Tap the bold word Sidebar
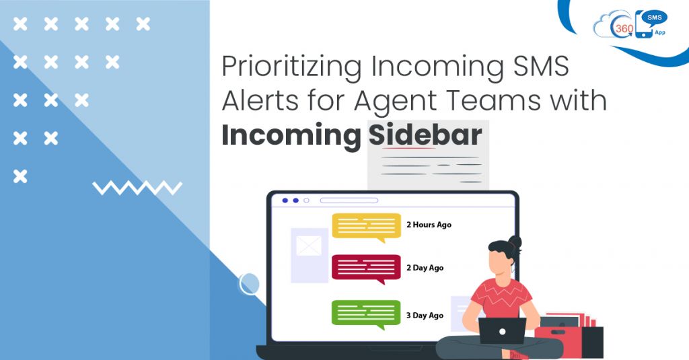[x=425, y=135]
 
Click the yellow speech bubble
[x=366, y=226]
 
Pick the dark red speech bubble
[x=366, y=268]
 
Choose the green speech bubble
[x=366, y=314]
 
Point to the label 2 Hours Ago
[x=429, y=225]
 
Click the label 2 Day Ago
[x=425, y=268]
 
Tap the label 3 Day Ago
[x=425, y=315]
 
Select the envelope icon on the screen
[x=309, y=246]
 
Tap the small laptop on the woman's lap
[x=502, y=330]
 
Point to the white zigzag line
[x=137, y=188]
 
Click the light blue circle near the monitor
[x=250, y=283]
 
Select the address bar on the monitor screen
[x=349, y=200]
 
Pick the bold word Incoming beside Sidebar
[x=291, y=135]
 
